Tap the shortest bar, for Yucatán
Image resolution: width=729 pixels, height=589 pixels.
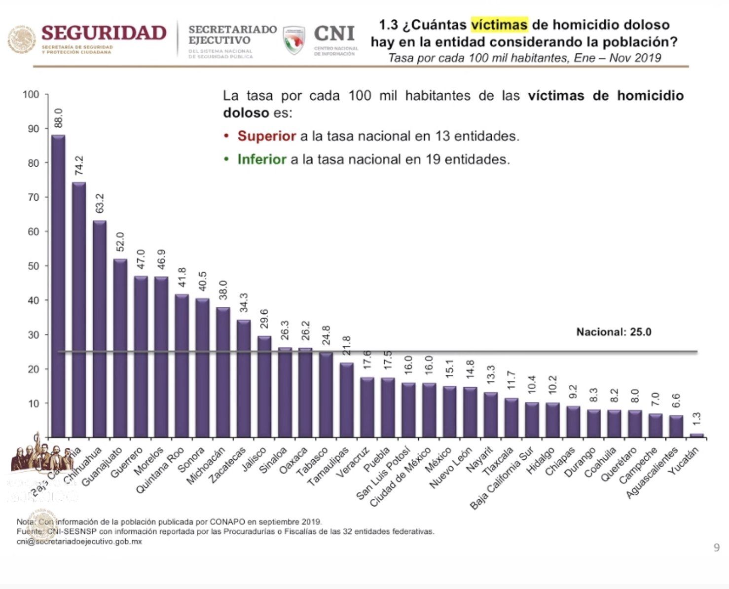coord(696,436)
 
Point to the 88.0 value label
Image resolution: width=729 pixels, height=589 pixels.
coord(58,118)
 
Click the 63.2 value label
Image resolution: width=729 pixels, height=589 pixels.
coord(100,203)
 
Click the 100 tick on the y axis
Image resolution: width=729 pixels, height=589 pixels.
coord(31,94)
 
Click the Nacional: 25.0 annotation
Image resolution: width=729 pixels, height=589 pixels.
coord(614,332)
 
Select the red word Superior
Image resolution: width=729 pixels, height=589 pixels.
coord(266,136)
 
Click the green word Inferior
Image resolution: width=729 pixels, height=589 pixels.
coord(261,159)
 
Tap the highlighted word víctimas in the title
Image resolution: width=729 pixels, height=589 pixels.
coord(499,25)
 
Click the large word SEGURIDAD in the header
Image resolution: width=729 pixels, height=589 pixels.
coord(104,33)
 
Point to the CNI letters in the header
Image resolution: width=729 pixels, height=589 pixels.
coord(334,34)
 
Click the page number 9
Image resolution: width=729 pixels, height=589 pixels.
coord(716,547)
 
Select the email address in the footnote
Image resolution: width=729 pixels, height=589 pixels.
coord(79,541)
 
